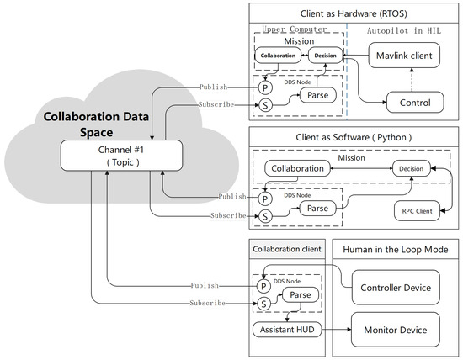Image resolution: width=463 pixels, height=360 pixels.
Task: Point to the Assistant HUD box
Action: pyautogui.click(x=288, y=329)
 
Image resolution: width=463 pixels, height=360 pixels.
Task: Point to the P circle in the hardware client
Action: pyautogui.click(x=264, y=87)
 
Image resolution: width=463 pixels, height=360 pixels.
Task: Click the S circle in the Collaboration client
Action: pyautogui.click(x=264, y=304)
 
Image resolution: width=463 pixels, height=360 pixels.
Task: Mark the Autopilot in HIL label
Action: pyautogui.click(x=404, y=29)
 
